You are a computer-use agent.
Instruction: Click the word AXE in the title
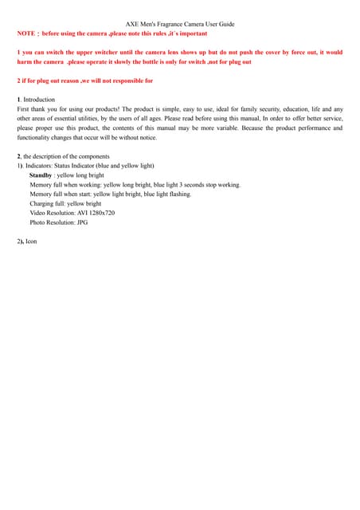[133, 25]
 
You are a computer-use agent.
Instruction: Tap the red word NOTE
[25, 34]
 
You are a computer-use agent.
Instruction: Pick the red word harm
[25, 62]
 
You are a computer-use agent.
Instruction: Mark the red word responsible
[123, 80]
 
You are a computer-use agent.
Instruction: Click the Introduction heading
[39, 100]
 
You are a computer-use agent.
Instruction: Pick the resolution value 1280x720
[100, 213]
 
